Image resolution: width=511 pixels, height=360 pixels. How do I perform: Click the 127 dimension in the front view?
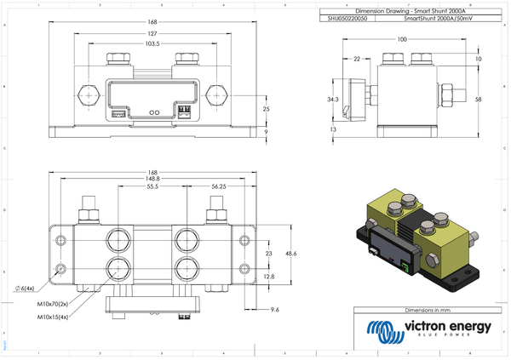point(151,35)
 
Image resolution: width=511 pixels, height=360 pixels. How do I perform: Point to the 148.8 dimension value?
point(152,179)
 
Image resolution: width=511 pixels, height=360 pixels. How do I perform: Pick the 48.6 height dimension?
point(290,254)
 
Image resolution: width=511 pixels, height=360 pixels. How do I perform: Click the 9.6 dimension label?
point(274,309)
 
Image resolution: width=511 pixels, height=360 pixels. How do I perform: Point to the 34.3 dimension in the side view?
point(333,100)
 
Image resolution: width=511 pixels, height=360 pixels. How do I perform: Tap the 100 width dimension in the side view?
point(402,39)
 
